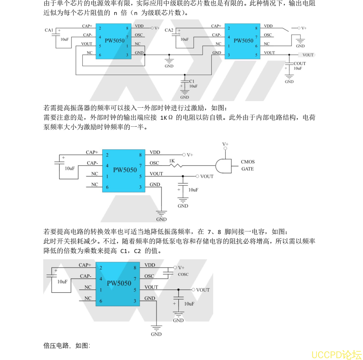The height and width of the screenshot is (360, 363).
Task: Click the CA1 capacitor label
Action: pyautogui.click(x=49, y=30)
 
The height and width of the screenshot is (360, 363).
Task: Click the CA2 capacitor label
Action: pyautogui.click(x=169, y=30)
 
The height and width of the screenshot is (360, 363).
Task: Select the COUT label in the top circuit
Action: pyautogui.click(x=300, y=63)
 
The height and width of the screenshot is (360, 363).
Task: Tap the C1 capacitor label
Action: pyautogui.click(x=192, y=81)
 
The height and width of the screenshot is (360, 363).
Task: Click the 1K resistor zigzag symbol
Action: pyautogui.click(x=176, y=166)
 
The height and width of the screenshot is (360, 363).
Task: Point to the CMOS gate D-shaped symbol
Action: pyautogui.click(x=223, y=166)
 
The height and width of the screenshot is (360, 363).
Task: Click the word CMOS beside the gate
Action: pyautogui.click(x=248, y=162)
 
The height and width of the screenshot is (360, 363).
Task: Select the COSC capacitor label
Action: pyautogui.click(x=183, y=274)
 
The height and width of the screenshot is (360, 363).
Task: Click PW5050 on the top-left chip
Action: pyautogui.click(x=115, y=41)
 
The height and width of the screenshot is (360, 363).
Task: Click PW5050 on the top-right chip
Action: pyautogui.click(x=244, y=41)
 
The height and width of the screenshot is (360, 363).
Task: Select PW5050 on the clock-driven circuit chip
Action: pyautogui.click(x=125, y=170)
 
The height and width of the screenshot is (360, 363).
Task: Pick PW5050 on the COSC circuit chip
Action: pyautogui.click(x=119, y=283)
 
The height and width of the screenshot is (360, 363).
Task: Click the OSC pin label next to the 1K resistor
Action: pyautogui.click(x=155, y=163)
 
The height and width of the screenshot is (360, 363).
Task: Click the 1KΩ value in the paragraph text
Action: pyautogui.click(x=167, y=118)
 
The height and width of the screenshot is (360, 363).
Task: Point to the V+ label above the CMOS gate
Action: pyautogui.click(x=225, y=144)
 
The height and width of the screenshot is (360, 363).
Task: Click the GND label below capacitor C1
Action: pyautogui.click(x=185, y=97)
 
